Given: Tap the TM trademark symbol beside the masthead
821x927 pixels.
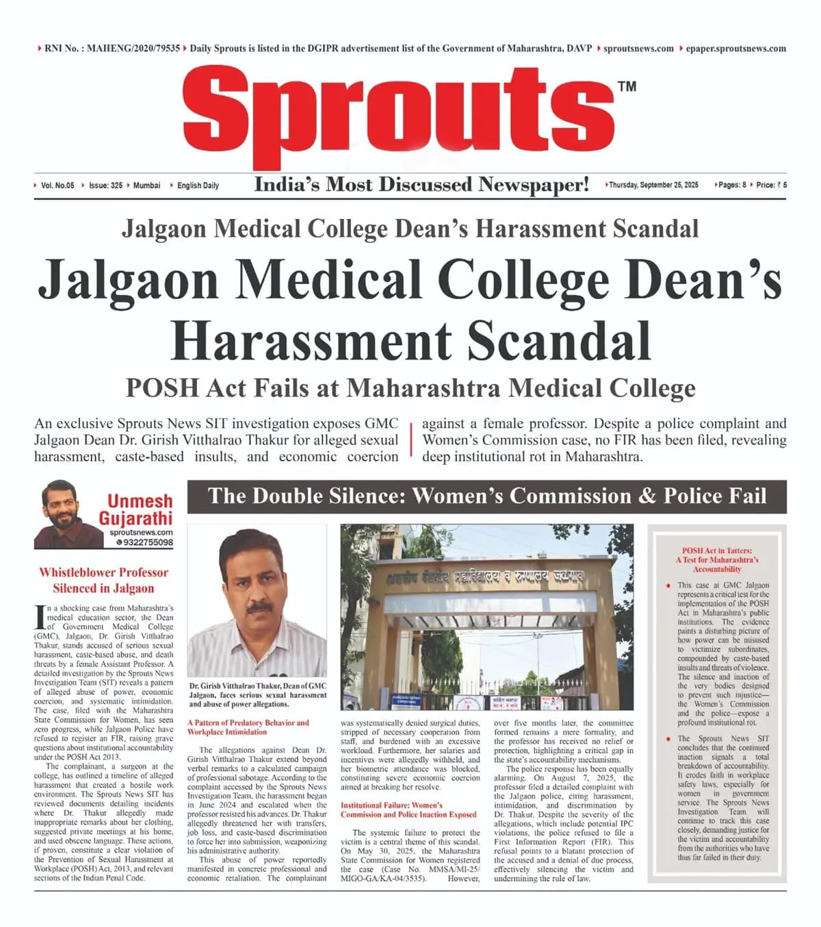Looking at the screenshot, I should tap(627, 86).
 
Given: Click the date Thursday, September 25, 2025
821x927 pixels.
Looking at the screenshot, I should tap(653, 185).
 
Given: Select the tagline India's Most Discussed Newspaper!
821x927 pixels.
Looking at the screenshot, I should tap(421, 184).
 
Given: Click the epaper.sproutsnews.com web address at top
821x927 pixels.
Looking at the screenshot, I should tap(735, 49).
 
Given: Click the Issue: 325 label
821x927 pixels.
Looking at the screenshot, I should tap(105, 186).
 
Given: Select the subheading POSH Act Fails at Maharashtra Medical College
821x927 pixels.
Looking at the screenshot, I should tap(410, 388).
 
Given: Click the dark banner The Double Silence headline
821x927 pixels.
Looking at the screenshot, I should tap(487, 496).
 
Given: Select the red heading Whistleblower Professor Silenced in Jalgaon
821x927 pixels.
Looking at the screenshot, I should tap(103, 580).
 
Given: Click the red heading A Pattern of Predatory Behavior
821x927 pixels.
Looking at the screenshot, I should tap(248, 727).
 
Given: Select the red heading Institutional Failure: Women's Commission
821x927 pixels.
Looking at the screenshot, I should tap(408, 810).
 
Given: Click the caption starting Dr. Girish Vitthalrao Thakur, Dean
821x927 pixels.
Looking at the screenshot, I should tap(257, 694).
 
